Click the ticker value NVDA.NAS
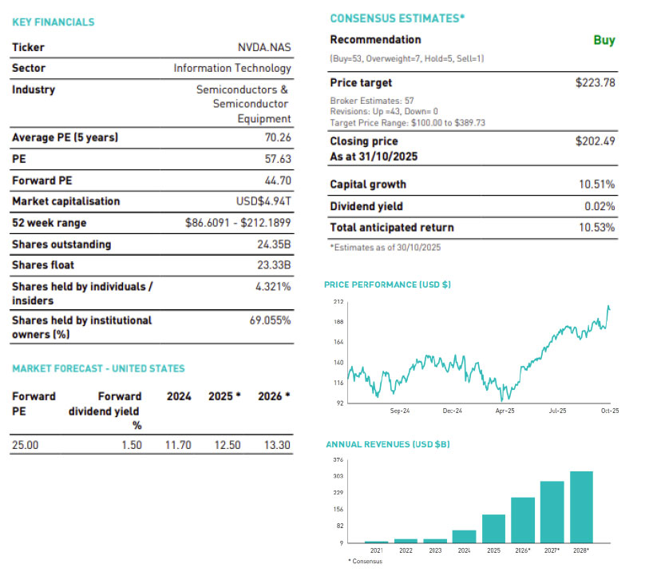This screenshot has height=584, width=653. click(260, 47)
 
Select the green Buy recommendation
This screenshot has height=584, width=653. click(604, 40)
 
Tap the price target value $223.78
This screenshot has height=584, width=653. click(596, 82)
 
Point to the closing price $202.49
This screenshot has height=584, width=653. click(596, 141)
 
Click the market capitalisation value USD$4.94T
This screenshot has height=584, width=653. click(263, 201)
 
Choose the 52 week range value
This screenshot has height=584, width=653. click(238, 223)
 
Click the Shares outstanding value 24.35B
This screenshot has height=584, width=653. click(274, 244)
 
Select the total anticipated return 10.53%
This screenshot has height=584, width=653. click(597, 228)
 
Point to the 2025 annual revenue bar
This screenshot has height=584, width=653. click(493, 528)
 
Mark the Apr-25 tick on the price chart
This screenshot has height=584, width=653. click(505, 411)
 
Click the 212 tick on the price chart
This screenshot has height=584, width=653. click(338, 302)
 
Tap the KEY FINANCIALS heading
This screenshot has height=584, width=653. click(53, 22)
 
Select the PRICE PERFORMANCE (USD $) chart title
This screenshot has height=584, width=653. click(387, 284)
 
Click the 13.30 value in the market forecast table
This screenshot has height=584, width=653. click(278, 445)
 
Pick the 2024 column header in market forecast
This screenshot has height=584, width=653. click(178, 396)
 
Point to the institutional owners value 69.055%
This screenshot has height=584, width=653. click(270, 320)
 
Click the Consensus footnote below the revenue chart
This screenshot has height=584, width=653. click(366, 562)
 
